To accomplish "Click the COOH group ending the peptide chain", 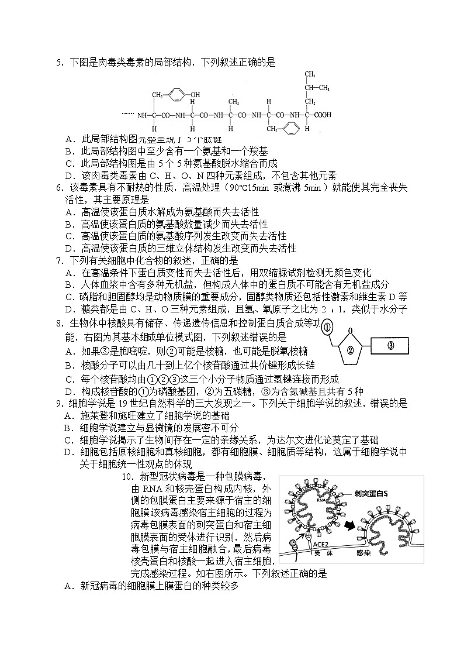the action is click(x=323, y=115).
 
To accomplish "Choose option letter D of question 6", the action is click(x=69, y=248).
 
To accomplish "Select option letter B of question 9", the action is click(x=69, y=428).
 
